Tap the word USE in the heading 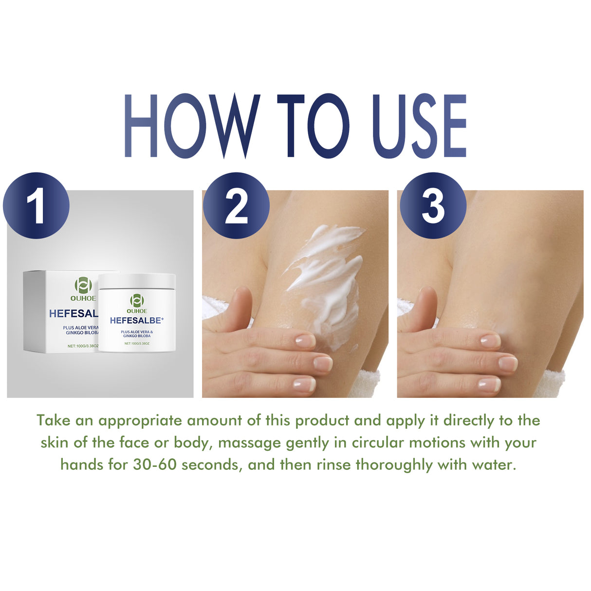pyautogui.click(x=419, y=126)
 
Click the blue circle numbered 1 pyautogui.click(x=36, y=205)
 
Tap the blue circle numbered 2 pyautogui.click(x=236, y=205)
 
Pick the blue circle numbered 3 pyautogui.click(x=433, y=205)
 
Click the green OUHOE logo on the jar pyautogui.click(x=137, y=300)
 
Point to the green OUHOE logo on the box pyautogui.click(x=83, y=285)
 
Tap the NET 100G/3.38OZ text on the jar pyautogui.click(x=137, y=343)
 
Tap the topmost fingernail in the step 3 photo pyautogui.click(x=490, y=340)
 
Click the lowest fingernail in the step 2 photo pyautogui.click(x=305, y=385)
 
